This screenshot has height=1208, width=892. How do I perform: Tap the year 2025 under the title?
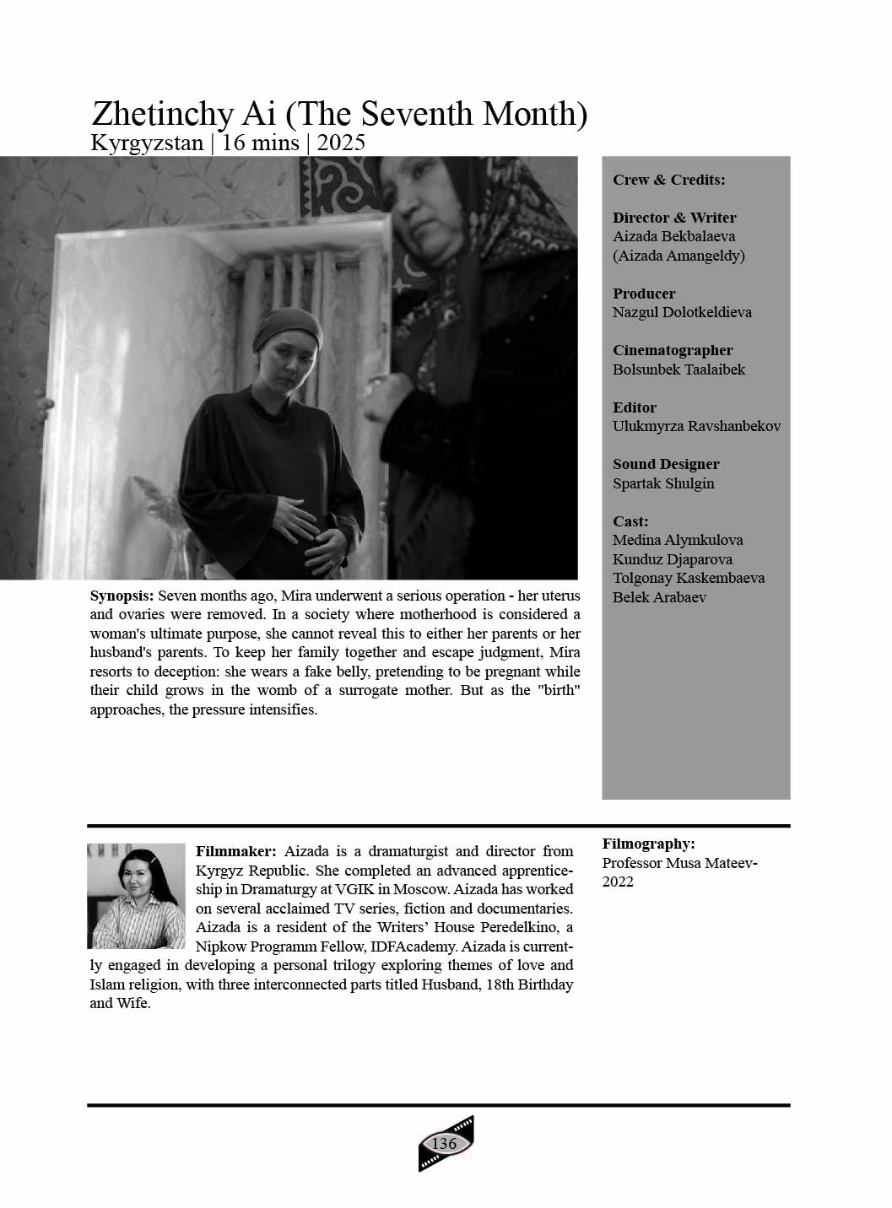pos(341,143)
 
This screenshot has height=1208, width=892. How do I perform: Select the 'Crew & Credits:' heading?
pos(668,180)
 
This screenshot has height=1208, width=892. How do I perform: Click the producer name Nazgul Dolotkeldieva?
pos(682,312)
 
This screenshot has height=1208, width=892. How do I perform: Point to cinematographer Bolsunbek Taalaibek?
pos(678,369)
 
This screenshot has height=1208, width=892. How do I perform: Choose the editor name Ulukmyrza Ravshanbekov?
pos(696,426)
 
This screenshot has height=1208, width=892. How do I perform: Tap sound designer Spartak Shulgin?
pos(663,483)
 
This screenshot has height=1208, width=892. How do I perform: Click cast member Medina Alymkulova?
pos(678,540)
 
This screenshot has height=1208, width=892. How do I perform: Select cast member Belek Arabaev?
pos(659,597)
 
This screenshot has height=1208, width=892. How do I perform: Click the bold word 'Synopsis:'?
pos(122,596)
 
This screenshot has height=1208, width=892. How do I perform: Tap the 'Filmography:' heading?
pos(648,844)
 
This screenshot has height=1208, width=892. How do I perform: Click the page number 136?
pos(444,1144)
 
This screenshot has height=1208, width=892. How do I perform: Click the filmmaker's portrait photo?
pos(136,896)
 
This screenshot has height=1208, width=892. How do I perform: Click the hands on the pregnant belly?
pos(308,523)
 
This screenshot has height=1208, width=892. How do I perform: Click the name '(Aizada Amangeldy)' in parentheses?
pos(678,256)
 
